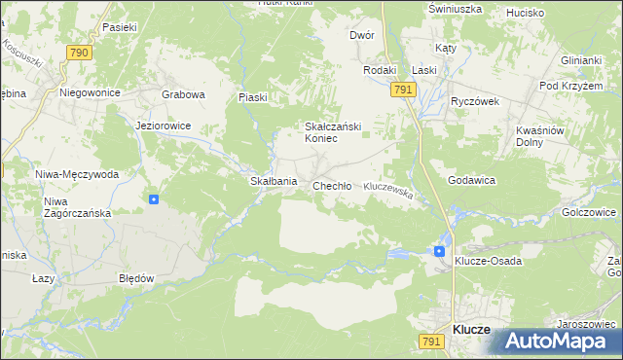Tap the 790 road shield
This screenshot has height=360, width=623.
tap(80, 52)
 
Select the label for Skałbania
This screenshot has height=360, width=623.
tap(274, 182)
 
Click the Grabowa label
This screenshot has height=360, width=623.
tap(184, 94)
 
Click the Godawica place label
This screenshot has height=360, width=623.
tap(472, 181)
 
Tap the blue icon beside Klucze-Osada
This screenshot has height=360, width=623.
tap(439, 251)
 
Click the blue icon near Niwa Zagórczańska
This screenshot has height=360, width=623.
tap(154, 199)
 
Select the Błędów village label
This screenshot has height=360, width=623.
tap(136, 277)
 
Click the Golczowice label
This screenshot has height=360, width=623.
tap(590, 211)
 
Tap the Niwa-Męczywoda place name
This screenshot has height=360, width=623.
tap(77, 174)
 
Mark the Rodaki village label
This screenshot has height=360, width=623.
tap(380, 70)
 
